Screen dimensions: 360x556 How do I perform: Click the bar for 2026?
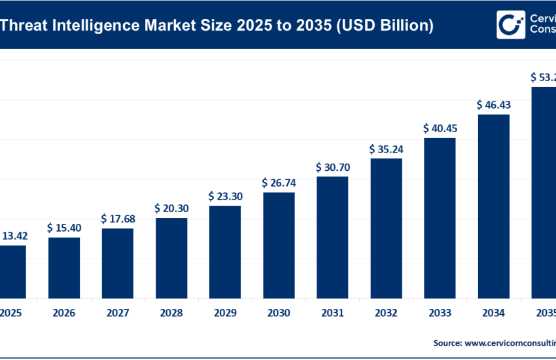(x=64, y=267)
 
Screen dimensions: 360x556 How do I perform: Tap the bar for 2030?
(x=279, y=245)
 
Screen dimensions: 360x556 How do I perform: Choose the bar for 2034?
(x=493, y=206)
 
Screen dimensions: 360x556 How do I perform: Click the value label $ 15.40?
(x=64, y=228)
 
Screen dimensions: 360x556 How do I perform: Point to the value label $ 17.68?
(x=118, y=219)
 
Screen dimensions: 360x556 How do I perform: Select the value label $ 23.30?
(x=225, y=196)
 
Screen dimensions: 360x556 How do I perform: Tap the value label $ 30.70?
(x=332, y=167)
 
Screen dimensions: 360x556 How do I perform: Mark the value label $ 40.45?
(x=440, y=128)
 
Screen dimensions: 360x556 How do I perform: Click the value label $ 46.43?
(x=493, y=105)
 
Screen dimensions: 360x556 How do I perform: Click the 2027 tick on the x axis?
(x=118, y=314)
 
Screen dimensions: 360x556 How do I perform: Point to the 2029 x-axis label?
(x=225, y=314)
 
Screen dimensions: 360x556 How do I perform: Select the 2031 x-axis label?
(x=332, y=314)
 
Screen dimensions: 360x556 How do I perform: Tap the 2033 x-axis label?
(x=440, y=314)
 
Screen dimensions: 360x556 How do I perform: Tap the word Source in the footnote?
(x=447, y=342)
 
